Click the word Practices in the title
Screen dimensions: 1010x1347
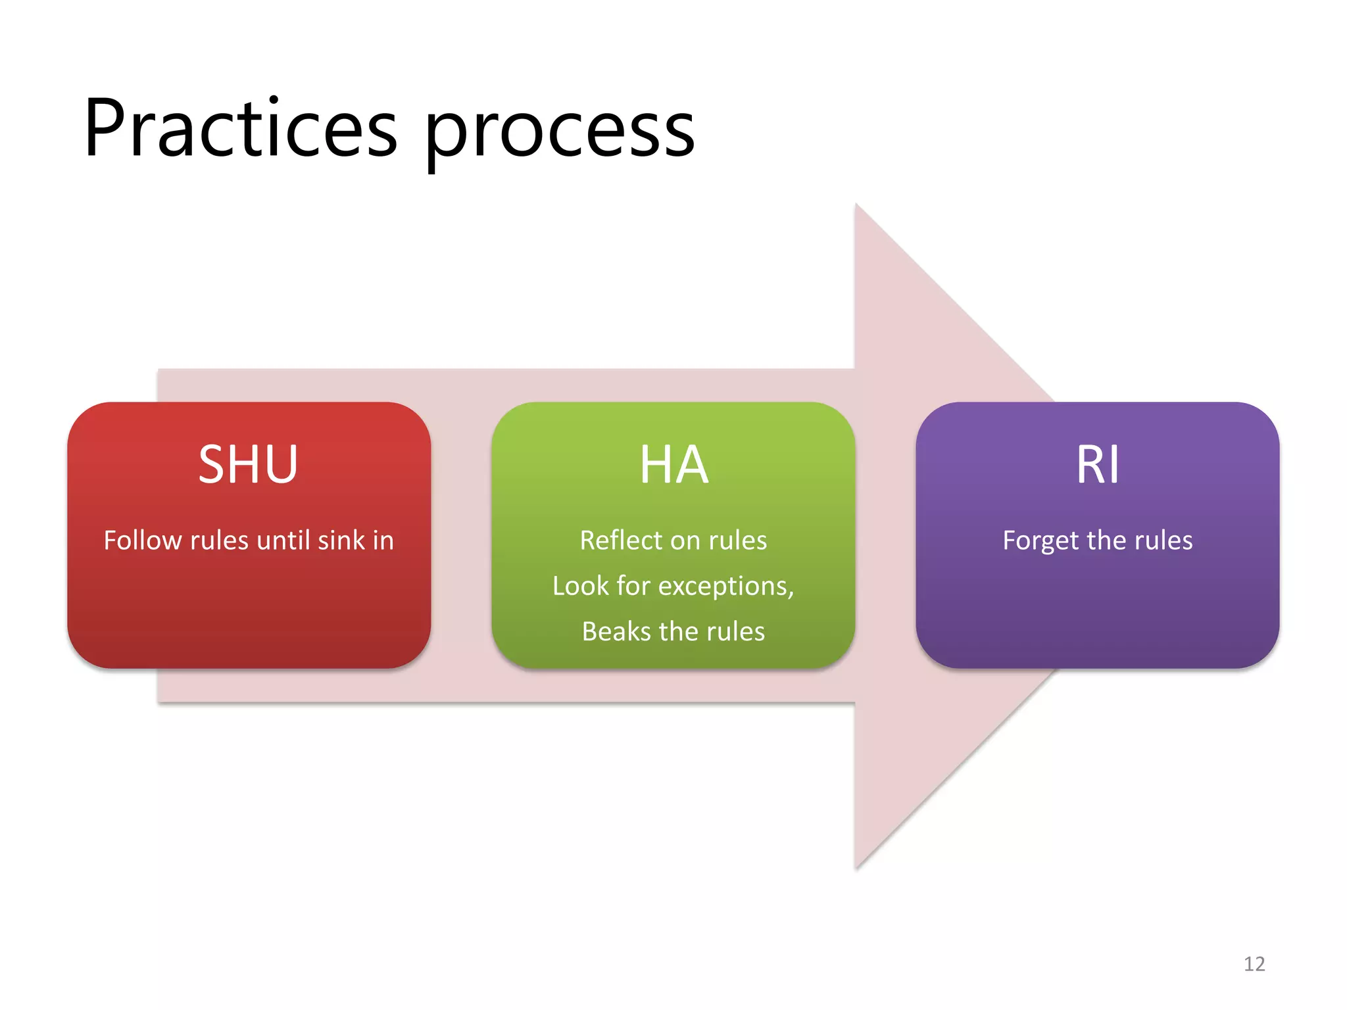241,128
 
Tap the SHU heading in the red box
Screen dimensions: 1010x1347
249,464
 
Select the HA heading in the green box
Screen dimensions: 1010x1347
673,464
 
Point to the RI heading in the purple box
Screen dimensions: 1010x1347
1097,464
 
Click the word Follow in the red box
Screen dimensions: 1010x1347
143,541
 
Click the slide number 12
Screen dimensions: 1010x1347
1254,964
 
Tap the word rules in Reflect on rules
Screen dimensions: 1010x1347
737,541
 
